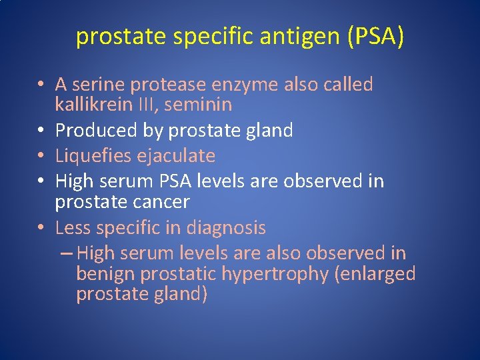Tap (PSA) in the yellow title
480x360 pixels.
coord(375,37)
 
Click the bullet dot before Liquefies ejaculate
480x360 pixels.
coord(42,157)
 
